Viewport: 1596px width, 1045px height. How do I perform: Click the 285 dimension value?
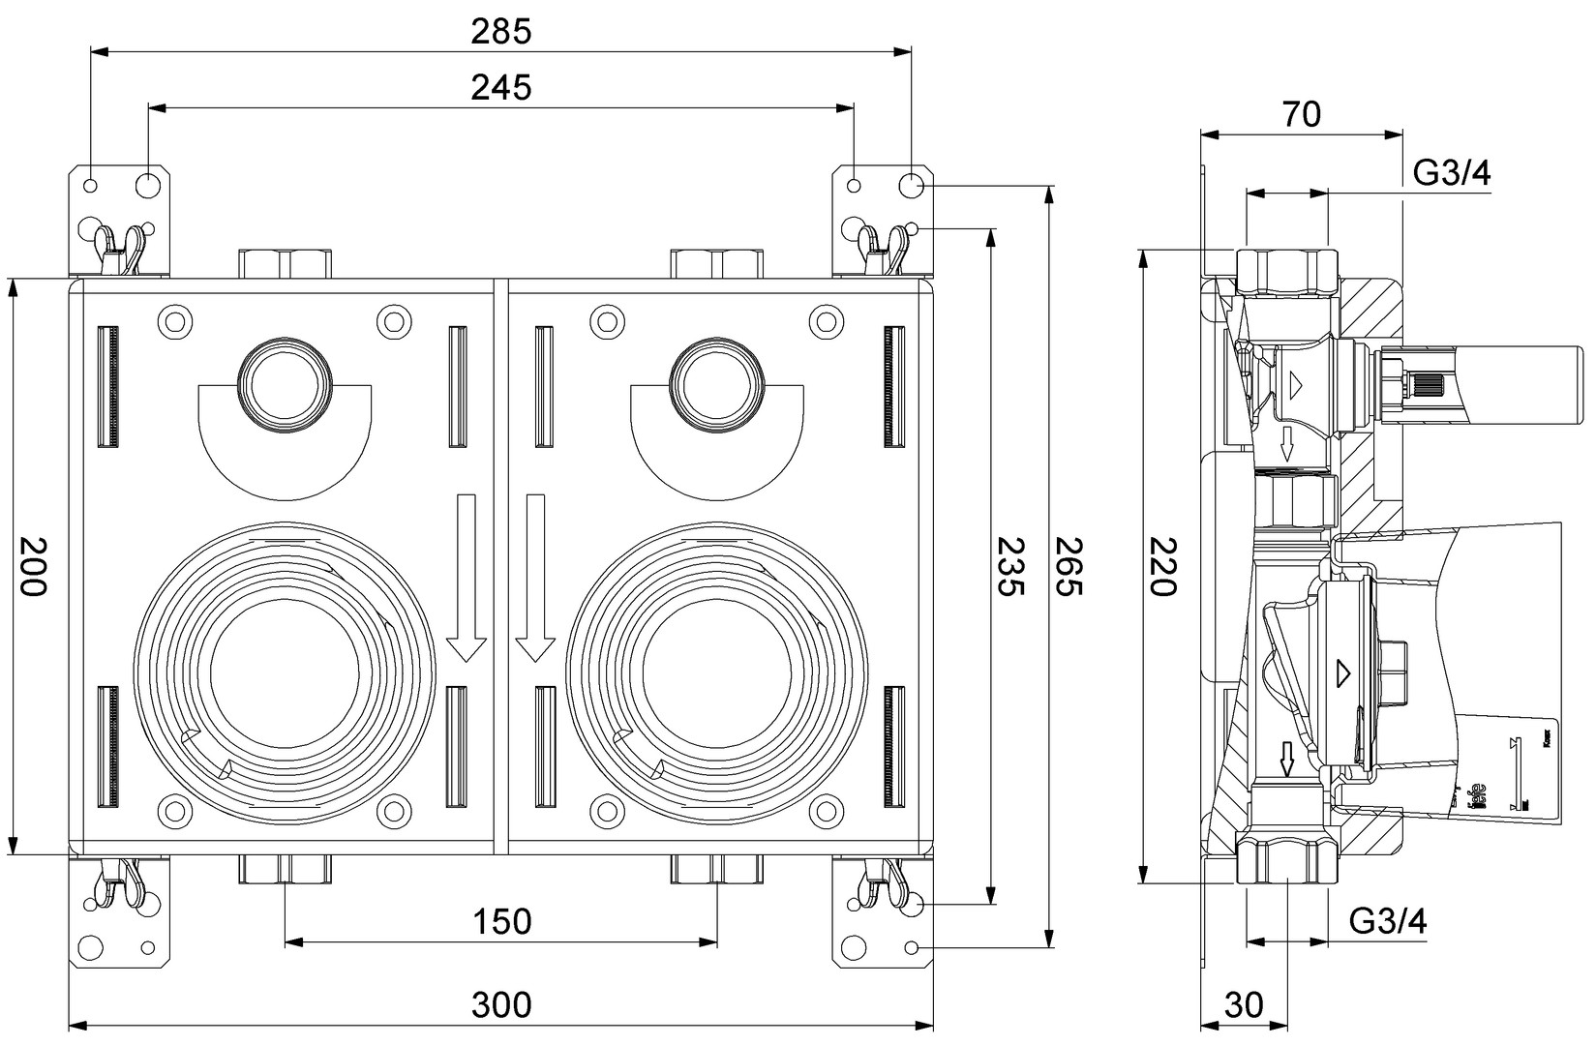501,32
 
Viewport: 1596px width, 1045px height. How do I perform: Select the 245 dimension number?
501,88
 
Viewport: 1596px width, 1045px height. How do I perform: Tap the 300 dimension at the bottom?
501,1005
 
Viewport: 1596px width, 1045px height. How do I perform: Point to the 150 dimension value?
501,921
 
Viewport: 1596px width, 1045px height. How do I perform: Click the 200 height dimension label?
33,567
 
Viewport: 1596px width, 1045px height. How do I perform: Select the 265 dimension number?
1068,567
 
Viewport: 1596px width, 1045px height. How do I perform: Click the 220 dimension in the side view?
1161,567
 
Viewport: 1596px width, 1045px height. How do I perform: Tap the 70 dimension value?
1302,114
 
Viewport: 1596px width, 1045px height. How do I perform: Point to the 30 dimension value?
1245,1005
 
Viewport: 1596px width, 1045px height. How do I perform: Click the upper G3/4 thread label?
1452,174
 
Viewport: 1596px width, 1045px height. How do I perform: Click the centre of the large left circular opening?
285,672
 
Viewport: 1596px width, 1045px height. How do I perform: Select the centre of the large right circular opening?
716,672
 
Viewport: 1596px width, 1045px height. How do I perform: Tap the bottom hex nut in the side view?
1287,859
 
